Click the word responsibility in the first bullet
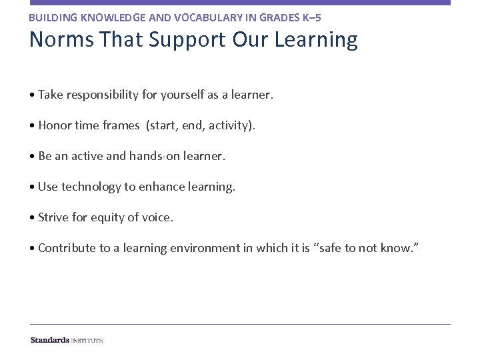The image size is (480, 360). point(101,95)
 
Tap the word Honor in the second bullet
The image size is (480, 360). point(54,125)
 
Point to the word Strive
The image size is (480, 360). point(54,217)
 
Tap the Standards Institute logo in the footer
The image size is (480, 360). point(67,340)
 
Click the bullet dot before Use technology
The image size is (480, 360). point(32,187)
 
